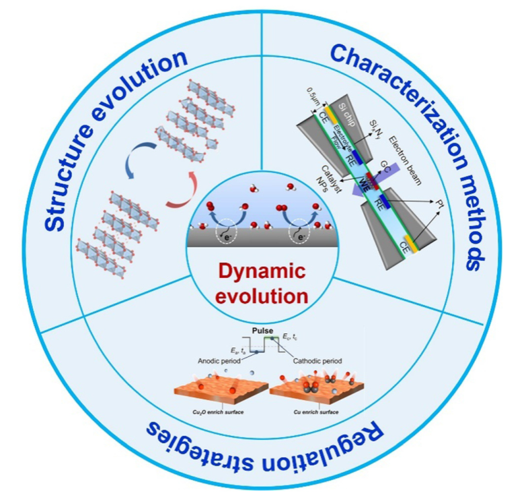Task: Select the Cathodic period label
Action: (316, 360)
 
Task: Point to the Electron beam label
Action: (400, 137)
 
